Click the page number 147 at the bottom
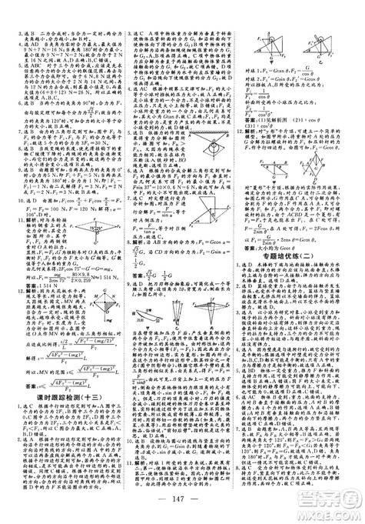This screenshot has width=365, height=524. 182,502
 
